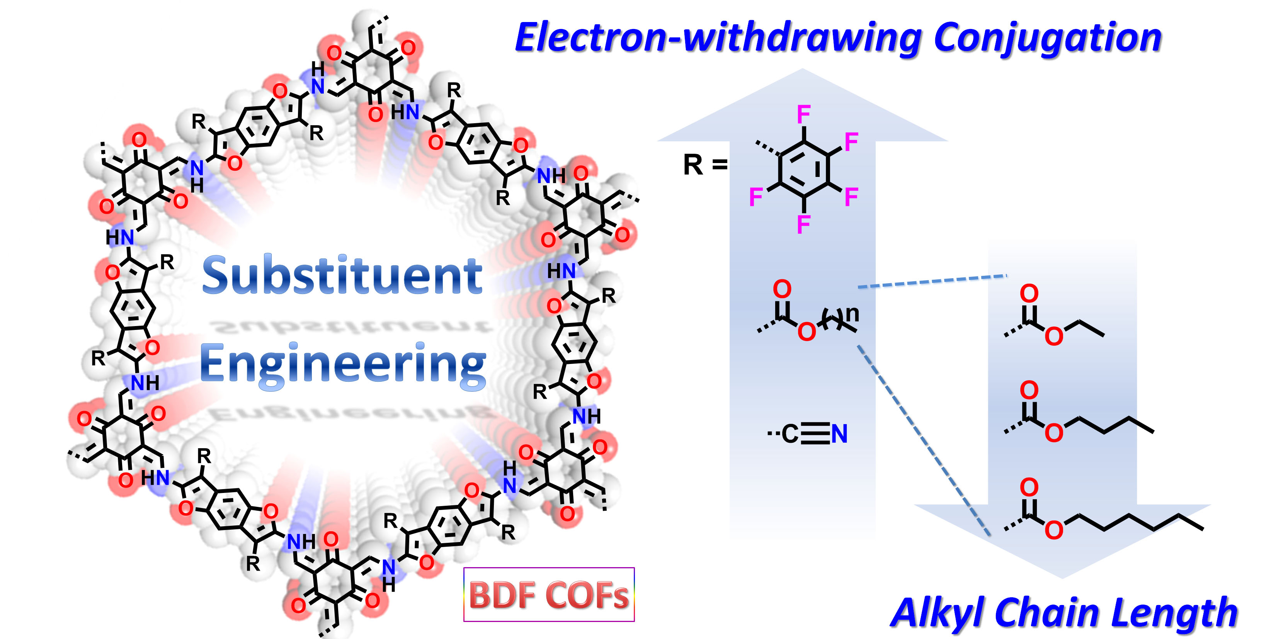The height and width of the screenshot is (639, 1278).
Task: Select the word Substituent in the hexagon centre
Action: coord(342,275)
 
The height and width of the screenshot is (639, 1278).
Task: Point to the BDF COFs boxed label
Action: coord(549,594)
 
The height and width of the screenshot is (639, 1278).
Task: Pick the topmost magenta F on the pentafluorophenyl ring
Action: coord(804,115)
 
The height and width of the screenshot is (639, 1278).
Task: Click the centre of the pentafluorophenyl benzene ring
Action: coord(804,169)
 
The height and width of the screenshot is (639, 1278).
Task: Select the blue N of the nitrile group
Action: coord(839,434)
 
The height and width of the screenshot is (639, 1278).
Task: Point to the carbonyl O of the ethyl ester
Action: coord(1029,293)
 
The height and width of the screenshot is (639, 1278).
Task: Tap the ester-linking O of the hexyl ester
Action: coord(1054,530)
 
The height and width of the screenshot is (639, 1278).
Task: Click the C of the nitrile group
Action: coord(790,434)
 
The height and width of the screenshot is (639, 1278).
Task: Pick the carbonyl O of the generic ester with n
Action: coord(783,289)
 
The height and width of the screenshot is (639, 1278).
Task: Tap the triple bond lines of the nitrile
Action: coord(815,434)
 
